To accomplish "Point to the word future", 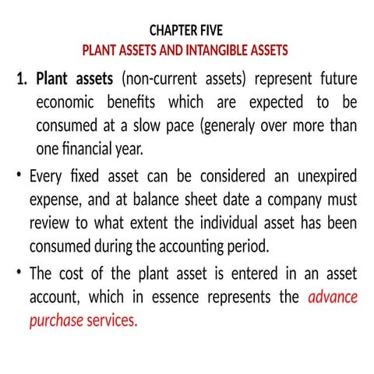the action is click(337, 79).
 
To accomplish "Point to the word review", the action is click(50, 224).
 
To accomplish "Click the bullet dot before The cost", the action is click(17, 273).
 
